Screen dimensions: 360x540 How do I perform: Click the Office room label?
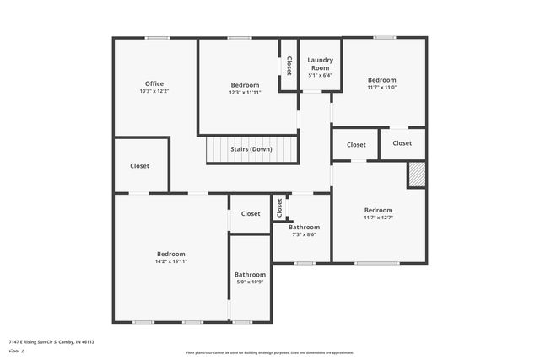[x=154, y=83]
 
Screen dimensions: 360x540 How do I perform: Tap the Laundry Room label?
[x=320, y=63]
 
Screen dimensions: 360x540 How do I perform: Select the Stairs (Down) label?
[x=251, y=149]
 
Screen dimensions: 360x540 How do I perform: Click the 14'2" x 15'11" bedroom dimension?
[x=171, y=261]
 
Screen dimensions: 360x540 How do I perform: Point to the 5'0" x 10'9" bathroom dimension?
[x=250, y=282]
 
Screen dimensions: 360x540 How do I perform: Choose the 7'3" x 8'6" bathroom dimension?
[x=304, y=234]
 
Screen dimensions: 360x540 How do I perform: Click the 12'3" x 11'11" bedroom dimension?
[x=245, y=92]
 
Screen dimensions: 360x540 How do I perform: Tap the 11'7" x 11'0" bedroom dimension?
[x=381, y=87]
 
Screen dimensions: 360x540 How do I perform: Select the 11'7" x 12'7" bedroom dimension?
[x=378, y=218]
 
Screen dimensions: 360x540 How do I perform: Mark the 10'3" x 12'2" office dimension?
[x=154, y=91]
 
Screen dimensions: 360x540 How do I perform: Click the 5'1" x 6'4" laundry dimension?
[x=320, y=75]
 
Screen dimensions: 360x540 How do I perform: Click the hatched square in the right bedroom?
[x=417, y=175]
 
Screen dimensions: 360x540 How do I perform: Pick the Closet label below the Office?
[x=140, y=166]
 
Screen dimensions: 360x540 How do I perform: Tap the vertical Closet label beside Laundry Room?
[x=289, y=66]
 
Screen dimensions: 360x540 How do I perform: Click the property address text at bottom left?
[x=51, y=341]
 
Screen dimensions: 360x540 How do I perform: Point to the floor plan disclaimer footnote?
[x=269, y=352]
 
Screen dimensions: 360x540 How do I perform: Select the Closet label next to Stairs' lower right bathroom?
[x=278, y=207]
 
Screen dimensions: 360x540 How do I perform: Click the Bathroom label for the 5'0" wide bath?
[x=250, y=274]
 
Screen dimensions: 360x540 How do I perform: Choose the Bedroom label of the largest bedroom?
[x=171, y=254]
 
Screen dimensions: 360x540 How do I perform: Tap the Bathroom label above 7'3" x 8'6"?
[x=304, y=227]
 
